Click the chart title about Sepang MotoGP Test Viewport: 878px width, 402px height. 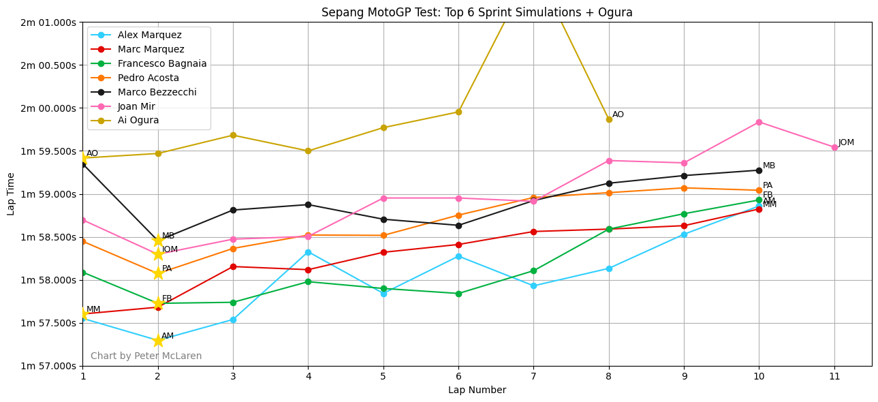(x=477, y=12)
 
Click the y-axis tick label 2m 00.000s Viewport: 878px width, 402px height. (x=48, y=108)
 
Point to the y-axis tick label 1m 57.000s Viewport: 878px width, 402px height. (x=48, y=366)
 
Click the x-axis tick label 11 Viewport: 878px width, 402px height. (x=834, y=376)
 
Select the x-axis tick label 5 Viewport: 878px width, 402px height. (x=383, y=376)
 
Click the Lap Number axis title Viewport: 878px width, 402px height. (x=477, y=390)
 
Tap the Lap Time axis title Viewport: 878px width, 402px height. (x=12, y=194)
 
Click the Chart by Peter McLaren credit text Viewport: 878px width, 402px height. (x=146, y=356)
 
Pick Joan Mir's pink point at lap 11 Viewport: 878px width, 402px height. (x=834, y=147)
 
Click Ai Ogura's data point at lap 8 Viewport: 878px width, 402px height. (x=609, y=119)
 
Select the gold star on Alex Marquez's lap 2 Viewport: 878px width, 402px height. (x=158, y=341)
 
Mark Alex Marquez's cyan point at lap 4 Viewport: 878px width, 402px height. (x=308, y=252)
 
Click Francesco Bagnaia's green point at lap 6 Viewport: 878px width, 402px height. (x=458, y=294)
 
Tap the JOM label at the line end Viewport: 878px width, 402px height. (x=846, y=142)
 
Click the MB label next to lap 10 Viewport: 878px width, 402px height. (x=769, y=166)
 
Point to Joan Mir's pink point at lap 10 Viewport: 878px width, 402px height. (x=759, y=122)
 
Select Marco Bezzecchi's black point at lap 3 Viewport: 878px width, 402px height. (x=233, y=210)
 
